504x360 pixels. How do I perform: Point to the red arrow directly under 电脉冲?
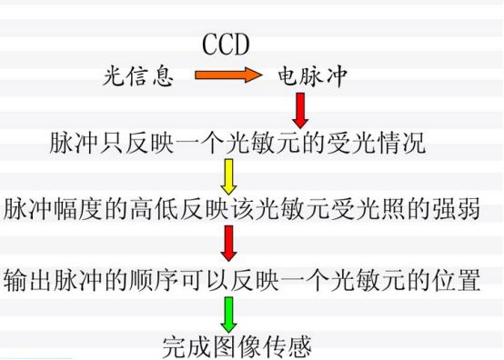click(x=301, y=110)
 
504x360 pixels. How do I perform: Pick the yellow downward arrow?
click(x=228, y=175)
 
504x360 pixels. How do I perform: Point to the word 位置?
click(x=458, y=280)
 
